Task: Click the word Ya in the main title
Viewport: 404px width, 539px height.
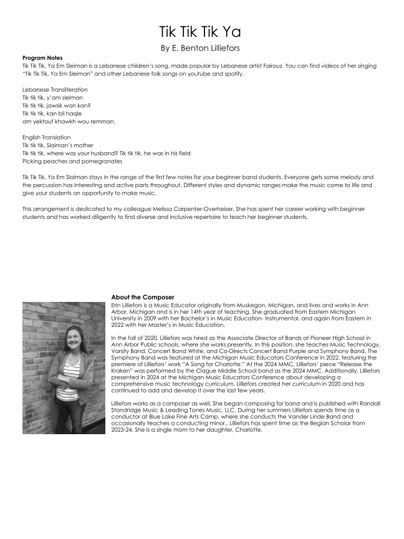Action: tap(232, 31)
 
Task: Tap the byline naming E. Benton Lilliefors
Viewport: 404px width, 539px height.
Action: tap(201, 47)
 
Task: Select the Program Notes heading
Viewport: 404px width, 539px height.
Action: tap(42, 58)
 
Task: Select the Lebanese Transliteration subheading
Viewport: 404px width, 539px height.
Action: tap(55, 90)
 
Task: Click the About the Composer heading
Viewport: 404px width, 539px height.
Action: tap(142, 297)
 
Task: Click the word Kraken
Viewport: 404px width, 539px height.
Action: tap(122, 369)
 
